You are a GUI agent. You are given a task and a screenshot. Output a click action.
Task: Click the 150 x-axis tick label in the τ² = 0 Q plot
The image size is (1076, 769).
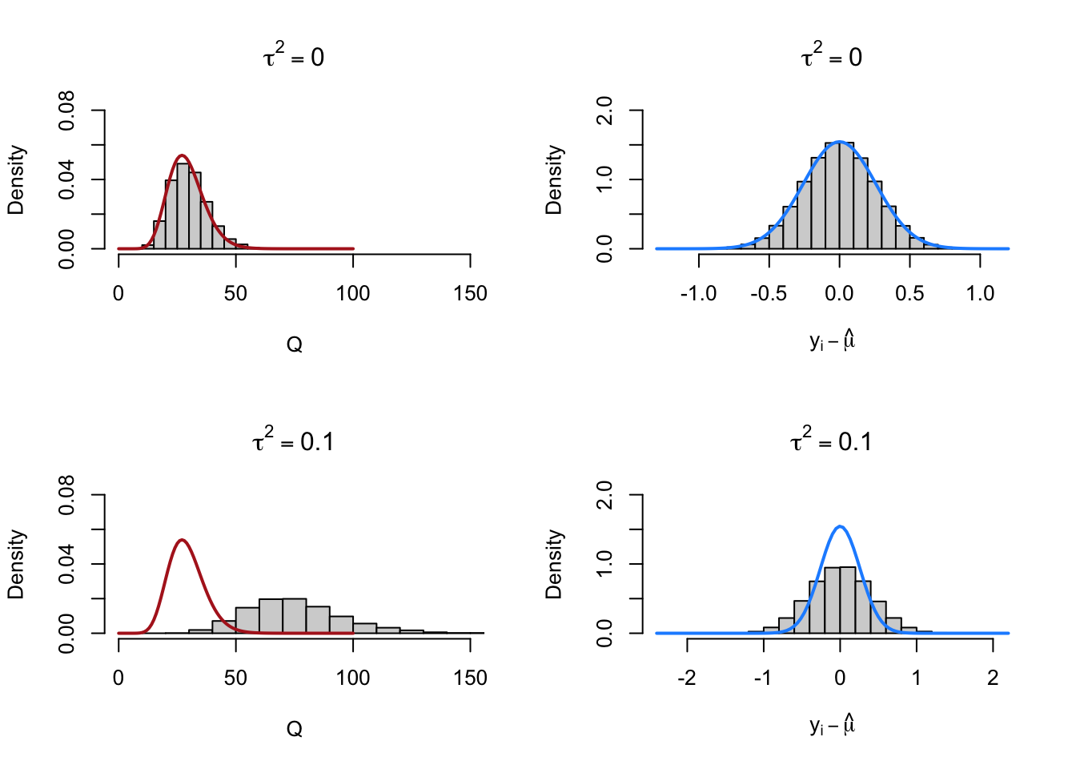point(469,294)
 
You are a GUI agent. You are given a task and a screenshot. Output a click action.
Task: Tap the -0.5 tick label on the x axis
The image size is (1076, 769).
point(768,294)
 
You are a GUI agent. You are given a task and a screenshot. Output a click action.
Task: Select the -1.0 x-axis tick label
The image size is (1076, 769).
point(698,294)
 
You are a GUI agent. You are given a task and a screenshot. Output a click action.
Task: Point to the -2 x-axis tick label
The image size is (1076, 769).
point(686,678)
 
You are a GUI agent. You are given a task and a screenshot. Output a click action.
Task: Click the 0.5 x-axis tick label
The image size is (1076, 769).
point(909,294)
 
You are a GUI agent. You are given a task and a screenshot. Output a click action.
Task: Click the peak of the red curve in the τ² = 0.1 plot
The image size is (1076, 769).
point(183,540)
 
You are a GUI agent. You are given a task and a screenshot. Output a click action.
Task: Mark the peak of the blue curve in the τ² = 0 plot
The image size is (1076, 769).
point(839,142)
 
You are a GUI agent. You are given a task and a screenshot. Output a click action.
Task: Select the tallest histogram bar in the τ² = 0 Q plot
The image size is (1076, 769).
point(183,206)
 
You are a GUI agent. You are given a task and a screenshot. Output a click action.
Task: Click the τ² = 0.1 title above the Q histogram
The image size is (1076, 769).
point(293,441)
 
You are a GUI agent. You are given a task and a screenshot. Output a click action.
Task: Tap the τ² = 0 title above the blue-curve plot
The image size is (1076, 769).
point(832,57)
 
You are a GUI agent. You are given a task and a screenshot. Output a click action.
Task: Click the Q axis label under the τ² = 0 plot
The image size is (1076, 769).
point(294,345)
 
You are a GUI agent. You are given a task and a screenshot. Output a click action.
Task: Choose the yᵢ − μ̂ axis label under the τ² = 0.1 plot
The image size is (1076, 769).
point(832,727)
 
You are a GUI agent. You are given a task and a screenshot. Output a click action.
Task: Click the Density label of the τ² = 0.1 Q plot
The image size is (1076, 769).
point(16,564)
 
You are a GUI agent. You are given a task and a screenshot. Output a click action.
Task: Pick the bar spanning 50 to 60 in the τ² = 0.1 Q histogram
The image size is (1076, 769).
point(247,620)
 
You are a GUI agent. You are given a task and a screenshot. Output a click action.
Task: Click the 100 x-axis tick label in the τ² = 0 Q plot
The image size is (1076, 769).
point(352,294)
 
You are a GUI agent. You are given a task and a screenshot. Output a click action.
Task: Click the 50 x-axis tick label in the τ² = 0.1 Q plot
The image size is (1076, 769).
point(235,678)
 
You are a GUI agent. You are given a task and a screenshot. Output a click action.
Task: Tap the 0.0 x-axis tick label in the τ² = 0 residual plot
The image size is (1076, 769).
point(839,294)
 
